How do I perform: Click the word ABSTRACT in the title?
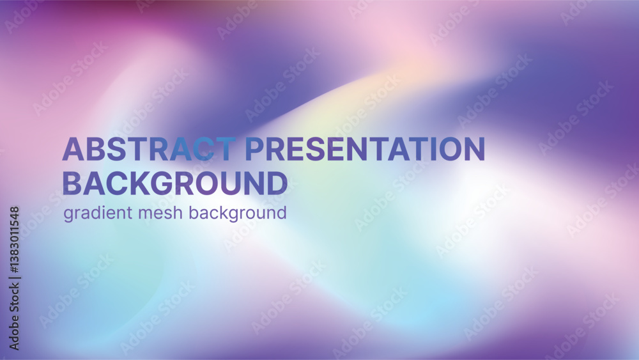click(x=149, y=149)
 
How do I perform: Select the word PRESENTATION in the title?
click(x=366, y=149)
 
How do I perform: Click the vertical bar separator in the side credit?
click(x=14, y=279)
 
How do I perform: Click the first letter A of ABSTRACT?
click(x=73, y=149)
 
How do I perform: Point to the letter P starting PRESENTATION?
click(x=254, y=149)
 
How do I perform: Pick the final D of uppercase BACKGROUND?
click(x=277, y=183)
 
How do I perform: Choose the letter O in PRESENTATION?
click(x=450, y=149)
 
